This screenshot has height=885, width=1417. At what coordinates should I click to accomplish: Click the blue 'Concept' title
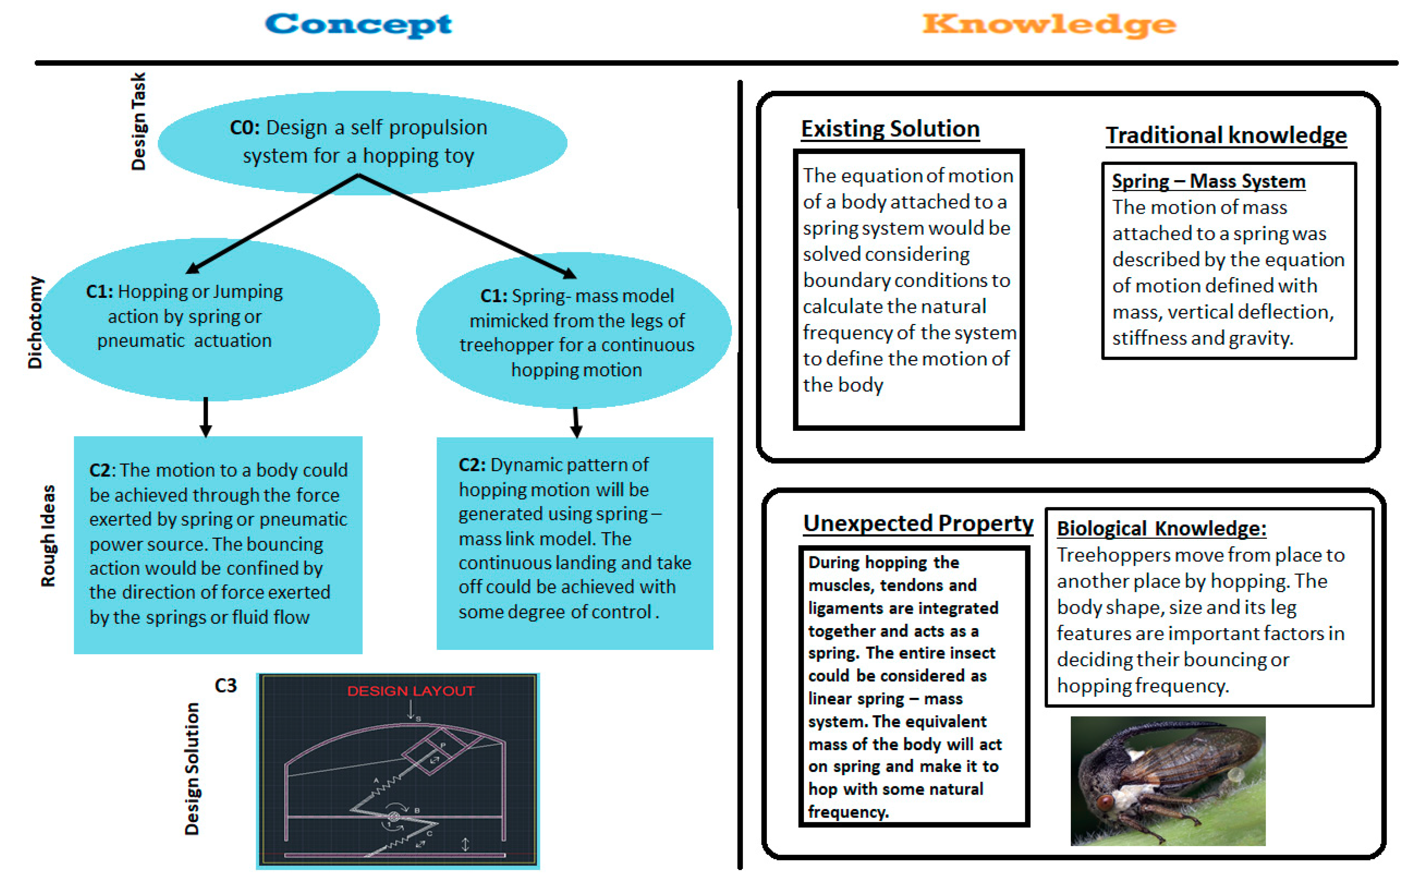pos(358,25)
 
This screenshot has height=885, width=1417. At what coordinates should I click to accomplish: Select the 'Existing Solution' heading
pos(890,129)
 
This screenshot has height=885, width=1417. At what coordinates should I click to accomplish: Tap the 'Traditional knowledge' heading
pos(1226,135)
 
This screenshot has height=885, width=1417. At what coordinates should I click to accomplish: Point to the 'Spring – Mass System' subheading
pos(1208,181)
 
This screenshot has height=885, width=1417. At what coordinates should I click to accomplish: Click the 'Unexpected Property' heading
pos(918,523)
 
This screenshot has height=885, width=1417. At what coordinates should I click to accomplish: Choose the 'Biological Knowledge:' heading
pos(1161,529)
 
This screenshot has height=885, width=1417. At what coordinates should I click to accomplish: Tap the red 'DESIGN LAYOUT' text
pos(410,691)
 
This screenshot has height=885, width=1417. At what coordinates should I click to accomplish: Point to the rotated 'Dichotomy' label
pos(35,322)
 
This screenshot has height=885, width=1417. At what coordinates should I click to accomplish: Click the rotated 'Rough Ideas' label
pos(48,536)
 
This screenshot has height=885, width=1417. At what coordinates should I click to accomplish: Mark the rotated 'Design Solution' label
pos(192,768)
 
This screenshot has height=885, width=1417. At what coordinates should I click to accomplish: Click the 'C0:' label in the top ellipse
pos(245,127)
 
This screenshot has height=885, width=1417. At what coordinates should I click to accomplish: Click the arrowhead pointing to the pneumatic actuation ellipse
pos(192,268)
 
